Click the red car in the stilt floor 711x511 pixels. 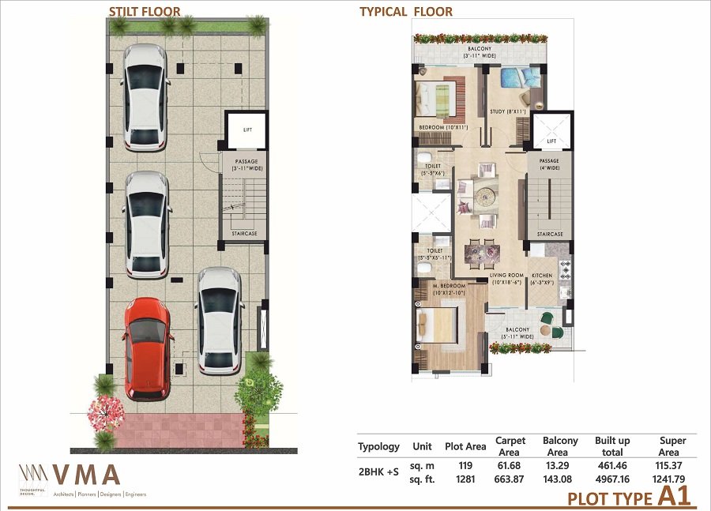click(x=147, y=348)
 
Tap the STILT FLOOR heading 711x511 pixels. click(x=145, y=12)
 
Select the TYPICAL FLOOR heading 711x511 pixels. click(x=406, y=12)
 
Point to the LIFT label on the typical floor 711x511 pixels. click(x=551, y=141)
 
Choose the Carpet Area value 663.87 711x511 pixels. click(x=509, y=479)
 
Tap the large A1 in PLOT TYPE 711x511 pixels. click(x=674, y=497)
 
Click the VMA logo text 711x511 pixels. click(x=86, y=475)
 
